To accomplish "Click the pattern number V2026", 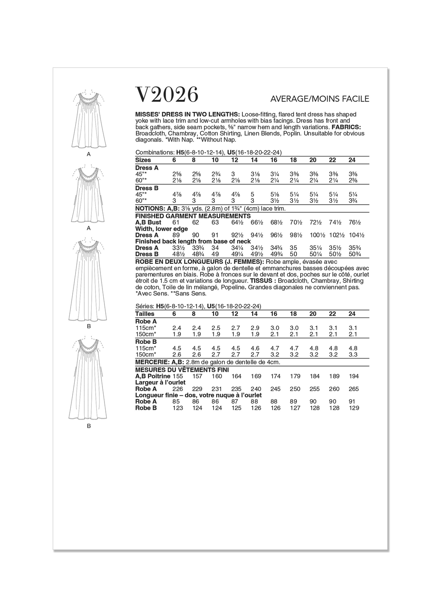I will pyautogui.click(x=167, y=95).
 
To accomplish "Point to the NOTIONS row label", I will pyautogui.click(x=149, y=209).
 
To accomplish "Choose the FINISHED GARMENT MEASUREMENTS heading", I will pyautogui.click(x=193, y=216).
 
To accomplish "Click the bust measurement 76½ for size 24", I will pyautogui.click(x=356, y=222).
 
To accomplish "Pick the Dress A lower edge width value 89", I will pyautogui.click(x=177, y=235).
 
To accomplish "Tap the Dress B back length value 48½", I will pyautogui.click(x=177, y=254).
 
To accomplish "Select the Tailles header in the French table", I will pyautogui.click(x=145, y=314).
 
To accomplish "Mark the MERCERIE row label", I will pyautogui.click(x=150, y=362).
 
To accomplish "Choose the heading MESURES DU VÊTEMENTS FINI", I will pyautogui.click(x=182, y=370).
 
